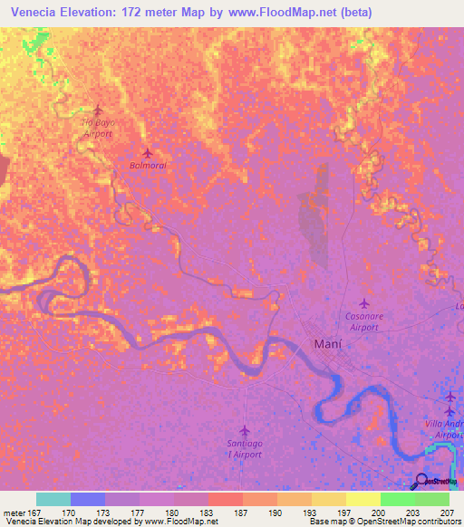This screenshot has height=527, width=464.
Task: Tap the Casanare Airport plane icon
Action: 364,303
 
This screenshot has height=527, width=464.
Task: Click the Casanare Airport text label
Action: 362,321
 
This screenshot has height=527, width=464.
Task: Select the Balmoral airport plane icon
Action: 148,152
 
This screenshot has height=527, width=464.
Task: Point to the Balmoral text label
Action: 149,167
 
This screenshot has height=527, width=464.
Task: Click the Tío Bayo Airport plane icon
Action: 98,110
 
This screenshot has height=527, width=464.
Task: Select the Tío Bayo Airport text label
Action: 98,128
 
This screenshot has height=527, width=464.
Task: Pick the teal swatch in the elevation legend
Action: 53,499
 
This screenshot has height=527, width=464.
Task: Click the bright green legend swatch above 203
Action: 398,499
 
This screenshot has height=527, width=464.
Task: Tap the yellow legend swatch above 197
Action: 329,499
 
